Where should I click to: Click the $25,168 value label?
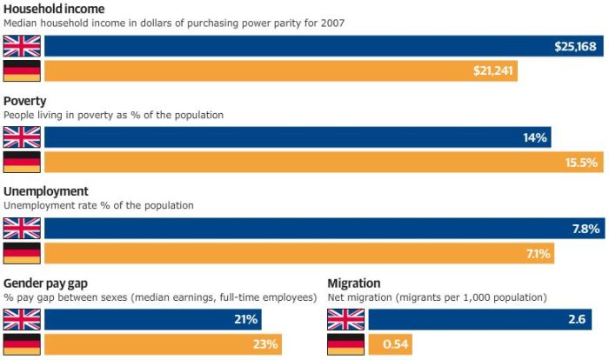[575, 46]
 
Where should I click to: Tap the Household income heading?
[54, 9]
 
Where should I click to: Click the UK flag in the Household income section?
[22, 46]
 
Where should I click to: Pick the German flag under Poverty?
[22, 162]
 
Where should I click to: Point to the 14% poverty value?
[534, 137]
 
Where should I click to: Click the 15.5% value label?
[581, 162]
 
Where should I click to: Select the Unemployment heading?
[45, 191]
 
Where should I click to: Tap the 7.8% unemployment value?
[584, 229]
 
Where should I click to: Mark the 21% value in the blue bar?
[245, 320]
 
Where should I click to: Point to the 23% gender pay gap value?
[265, 344]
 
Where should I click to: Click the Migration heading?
[354, 283]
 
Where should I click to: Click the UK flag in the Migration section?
[345, 320]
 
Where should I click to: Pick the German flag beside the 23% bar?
[22, 344]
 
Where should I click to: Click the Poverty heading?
[25, 101]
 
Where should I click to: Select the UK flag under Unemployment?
[22, 229]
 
